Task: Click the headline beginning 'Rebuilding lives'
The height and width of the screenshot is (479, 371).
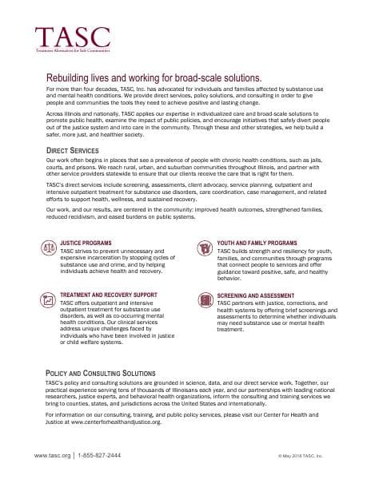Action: tap(154, 77)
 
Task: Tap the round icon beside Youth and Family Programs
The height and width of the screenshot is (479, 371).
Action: tap(205, 244)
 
